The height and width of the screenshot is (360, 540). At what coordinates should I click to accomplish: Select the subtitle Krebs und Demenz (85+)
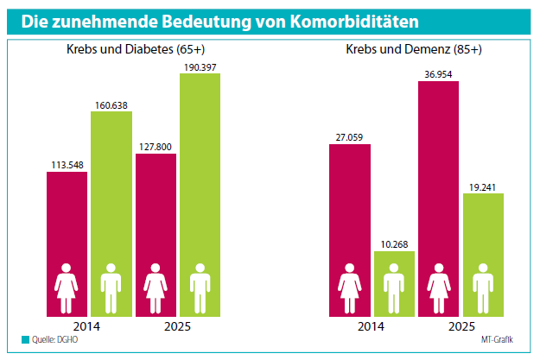415,50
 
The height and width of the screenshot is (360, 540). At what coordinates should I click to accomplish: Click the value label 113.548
67,164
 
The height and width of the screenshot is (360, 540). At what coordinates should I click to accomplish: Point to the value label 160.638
111,106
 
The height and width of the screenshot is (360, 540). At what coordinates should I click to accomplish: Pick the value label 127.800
156,146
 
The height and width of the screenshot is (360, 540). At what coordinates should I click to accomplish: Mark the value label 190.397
200,66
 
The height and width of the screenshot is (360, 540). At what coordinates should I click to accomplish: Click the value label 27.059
349,136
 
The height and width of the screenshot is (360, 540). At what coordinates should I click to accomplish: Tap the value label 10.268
394,243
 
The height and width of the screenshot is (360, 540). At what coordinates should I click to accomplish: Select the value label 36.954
438,73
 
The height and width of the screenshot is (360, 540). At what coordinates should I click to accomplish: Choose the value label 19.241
483,186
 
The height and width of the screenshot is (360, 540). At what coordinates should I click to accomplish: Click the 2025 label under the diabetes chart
177,326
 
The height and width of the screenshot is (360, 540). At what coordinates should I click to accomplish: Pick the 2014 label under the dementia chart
371,326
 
